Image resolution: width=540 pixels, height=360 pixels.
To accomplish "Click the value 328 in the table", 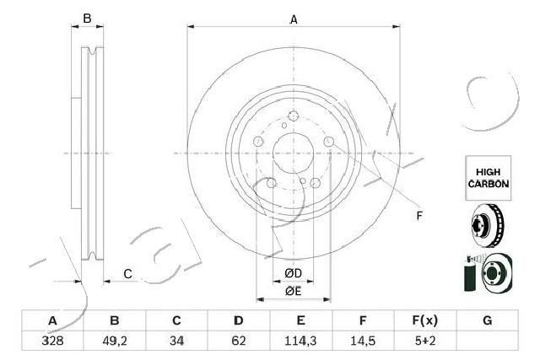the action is tap(52, 341).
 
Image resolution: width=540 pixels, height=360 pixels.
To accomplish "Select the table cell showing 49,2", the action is tap(115, 341).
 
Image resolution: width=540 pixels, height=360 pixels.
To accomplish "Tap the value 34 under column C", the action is tap(176, 341).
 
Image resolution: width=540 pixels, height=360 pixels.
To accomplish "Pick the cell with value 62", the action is tap(239, 341).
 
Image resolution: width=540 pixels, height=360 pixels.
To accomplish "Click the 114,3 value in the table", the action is tap(300, 341).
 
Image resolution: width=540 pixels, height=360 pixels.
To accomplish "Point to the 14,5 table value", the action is tap(363, 341).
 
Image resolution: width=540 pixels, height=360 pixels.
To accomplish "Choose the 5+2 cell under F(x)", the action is tap(425, 341).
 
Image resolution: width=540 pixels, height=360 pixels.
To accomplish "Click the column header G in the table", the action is tap(488, 320).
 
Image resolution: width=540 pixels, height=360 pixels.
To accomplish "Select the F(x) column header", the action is tap(425, 320).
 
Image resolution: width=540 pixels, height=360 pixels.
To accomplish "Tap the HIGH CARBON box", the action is tap(489, 178).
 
